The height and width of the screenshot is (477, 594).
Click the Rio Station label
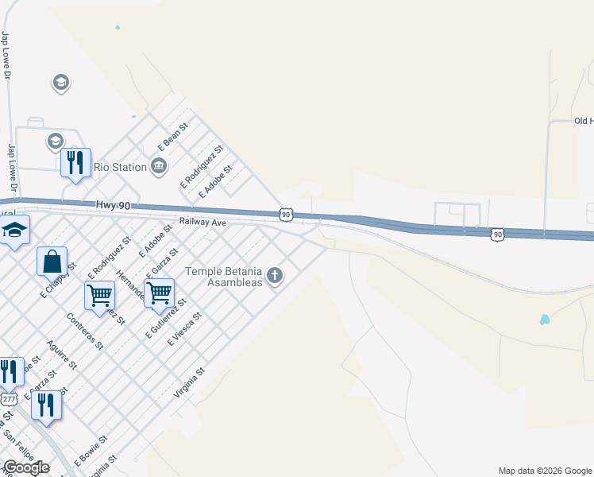click(x=120, y=167)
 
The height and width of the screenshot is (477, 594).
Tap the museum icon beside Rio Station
click(x=159, y=166)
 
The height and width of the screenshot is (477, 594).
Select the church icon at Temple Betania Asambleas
click(x=276, y=276)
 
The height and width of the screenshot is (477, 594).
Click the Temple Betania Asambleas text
click(x=223, y=277)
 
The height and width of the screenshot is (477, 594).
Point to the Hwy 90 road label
click(x=112, y=205)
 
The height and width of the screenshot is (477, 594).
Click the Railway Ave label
click(x=202, y=223)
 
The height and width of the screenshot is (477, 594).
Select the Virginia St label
click(x=189, y=382)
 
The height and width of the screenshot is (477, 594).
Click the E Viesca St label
click(x=185, y=328)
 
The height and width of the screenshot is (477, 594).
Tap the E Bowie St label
click(x=91, y=450)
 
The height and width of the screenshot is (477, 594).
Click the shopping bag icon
click(x=52, y=261)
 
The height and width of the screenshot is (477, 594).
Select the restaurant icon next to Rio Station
click(x=75, y=164)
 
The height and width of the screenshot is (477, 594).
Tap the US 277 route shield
click(x=8, y=398)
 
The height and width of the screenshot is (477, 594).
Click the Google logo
click(x=25, y=467)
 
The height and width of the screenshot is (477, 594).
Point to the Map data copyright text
click(x=545, y=471)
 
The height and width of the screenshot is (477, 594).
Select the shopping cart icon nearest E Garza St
click(x=159, y=293)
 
